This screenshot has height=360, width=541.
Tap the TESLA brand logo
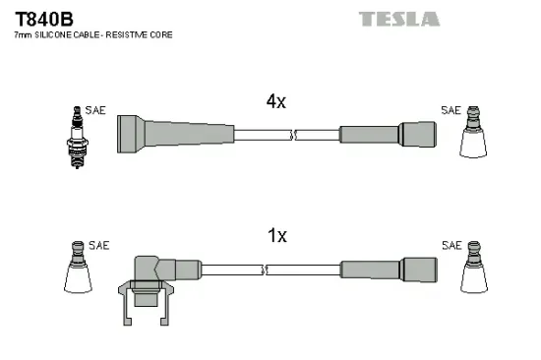pos(399,19)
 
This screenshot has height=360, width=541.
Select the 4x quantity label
pos(275,101)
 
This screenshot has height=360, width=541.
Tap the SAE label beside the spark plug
pos(96,111)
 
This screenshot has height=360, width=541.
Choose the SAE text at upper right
pos(451,111)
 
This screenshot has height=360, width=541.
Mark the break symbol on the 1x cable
pos(266,269)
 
